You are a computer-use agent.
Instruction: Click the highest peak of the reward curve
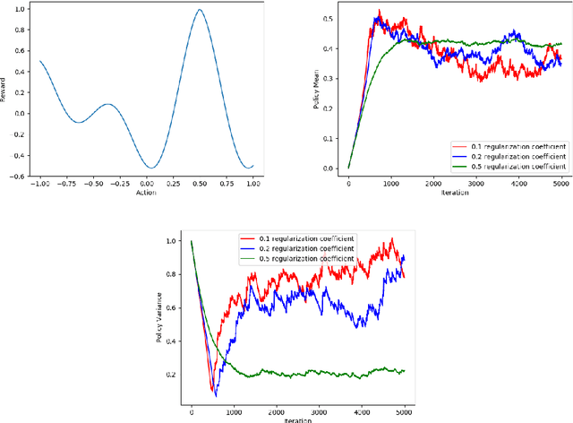tap(201, 10)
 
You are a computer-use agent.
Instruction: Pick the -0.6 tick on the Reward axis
tap(17, 176)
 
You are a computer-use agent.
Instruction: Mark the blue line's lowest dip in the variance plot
tap(216, 395)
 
